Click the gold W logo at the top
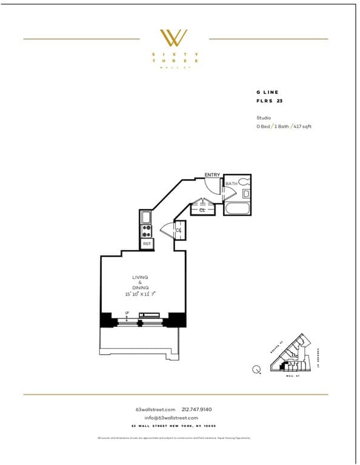click(x=173, y=38)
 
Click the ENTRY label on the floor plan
click(x=212, y=175)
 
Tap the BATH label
click(x=231, y=183)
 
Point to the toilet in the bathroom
click(x=244, y=181)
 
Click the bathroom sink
click(x=245, y=194)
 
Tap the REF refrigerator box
click(x=146, y=243)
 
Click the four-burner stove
click(x=146, y=230)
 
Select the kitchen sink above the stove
click(x=146, y=217)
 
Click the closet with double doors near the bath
click(x=202, y=210)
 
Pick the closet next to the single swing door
click(x=179, y=229)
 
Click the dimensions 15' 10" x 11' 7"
click(x=140, y=294)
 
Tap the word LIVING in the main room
click(x=140, y=277)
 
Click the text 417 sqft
click(x=302, y=127)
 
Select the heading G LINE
click(x=267, y=92)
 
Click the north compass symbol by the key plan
click(x=256, y=369)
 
